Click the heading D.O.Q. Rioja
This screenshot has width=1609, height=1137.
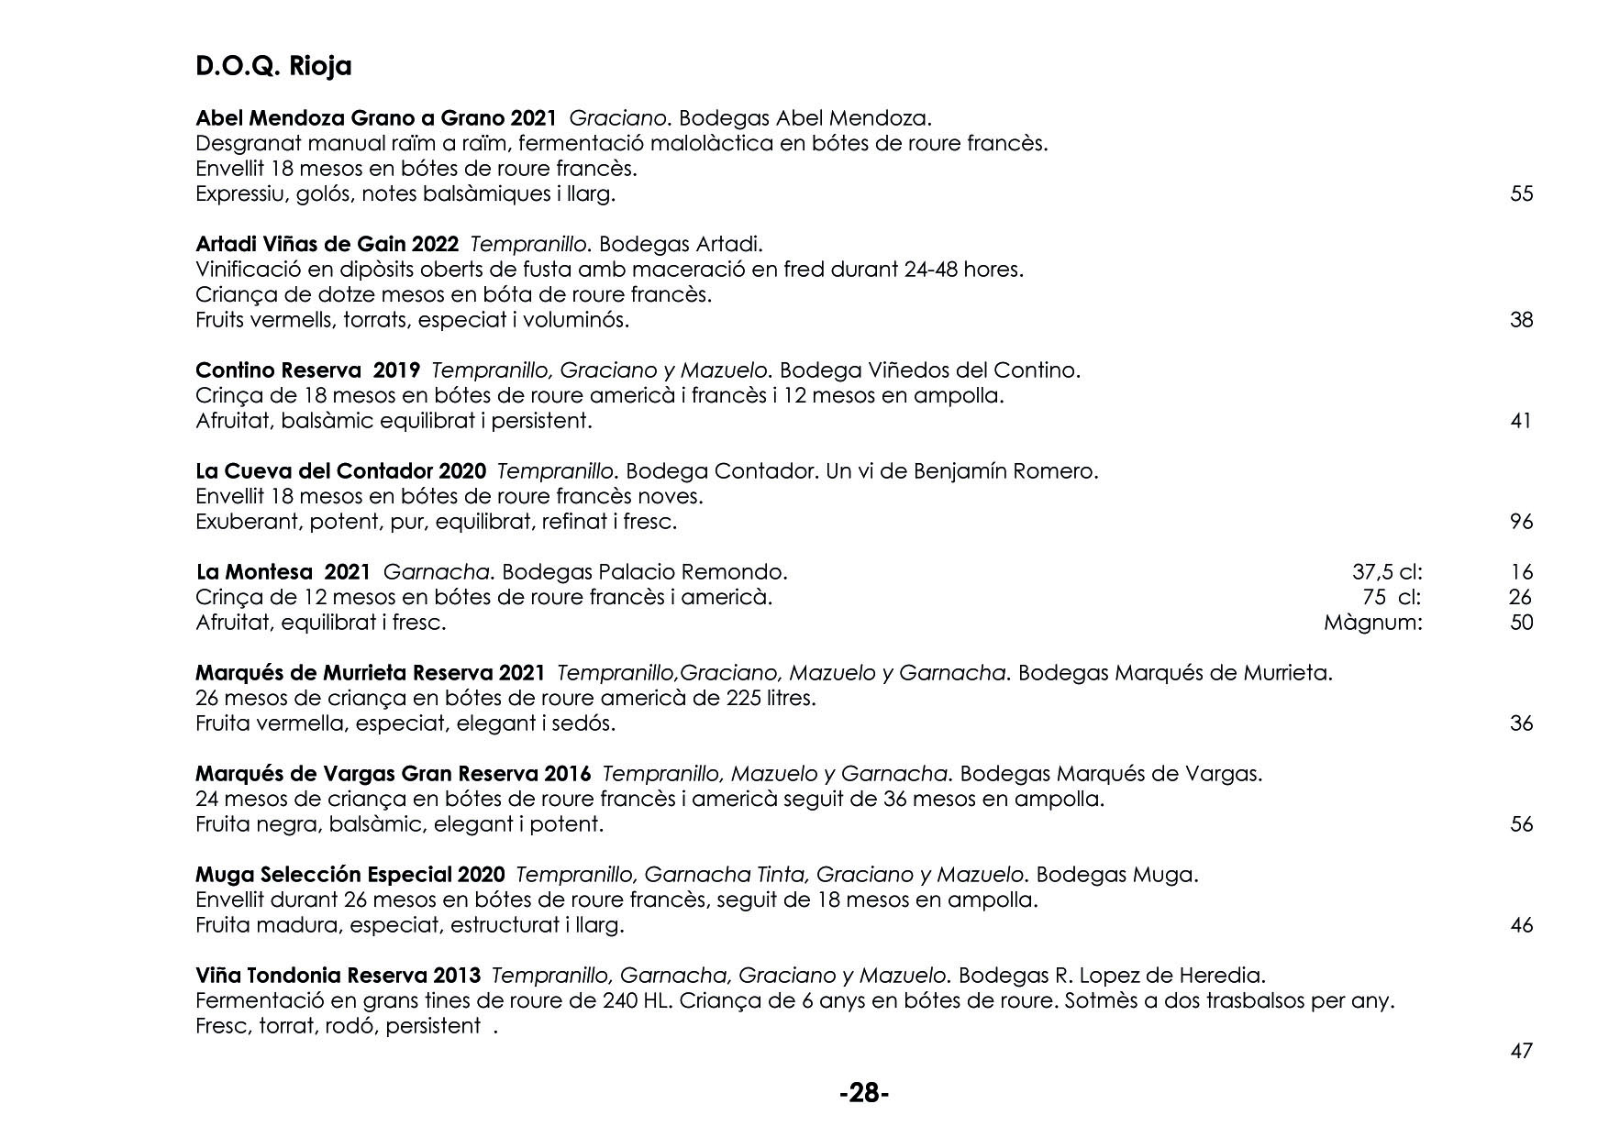point(273,67)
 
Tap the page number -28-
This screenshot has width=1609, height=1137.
point(864,1093)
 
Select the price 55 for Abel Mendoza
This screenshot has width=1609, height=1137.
point(1521,193)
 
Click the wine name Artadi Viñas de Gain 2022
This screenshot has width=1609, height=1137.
point(327,245)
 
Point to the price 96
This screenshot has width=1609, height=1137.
point(1521,522)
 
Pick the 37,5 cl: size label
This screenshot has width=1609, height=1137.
point(1387,572)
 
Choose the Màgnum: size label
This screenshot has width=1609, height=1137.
point(1372,623)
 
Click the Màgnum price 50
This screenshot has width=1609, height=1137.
point(1521,623)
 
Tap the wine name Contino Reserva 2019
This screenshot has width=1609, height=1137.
point(307,370)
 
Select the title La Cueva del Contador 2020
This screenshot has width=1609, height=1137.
point(340,471)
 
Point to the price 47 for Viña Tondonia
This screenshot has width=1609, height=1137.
point(1521,1051)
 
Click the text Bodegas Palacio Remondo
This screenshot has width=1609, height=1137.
point(644,572)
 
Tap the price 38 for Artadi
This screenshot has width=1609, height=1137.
point(1521,320)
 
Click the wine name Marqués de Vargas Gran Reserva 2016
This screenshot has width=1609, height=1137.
point(393,774)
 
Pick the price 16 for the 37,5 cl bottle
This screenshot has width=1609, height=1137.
point(1521,572)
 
